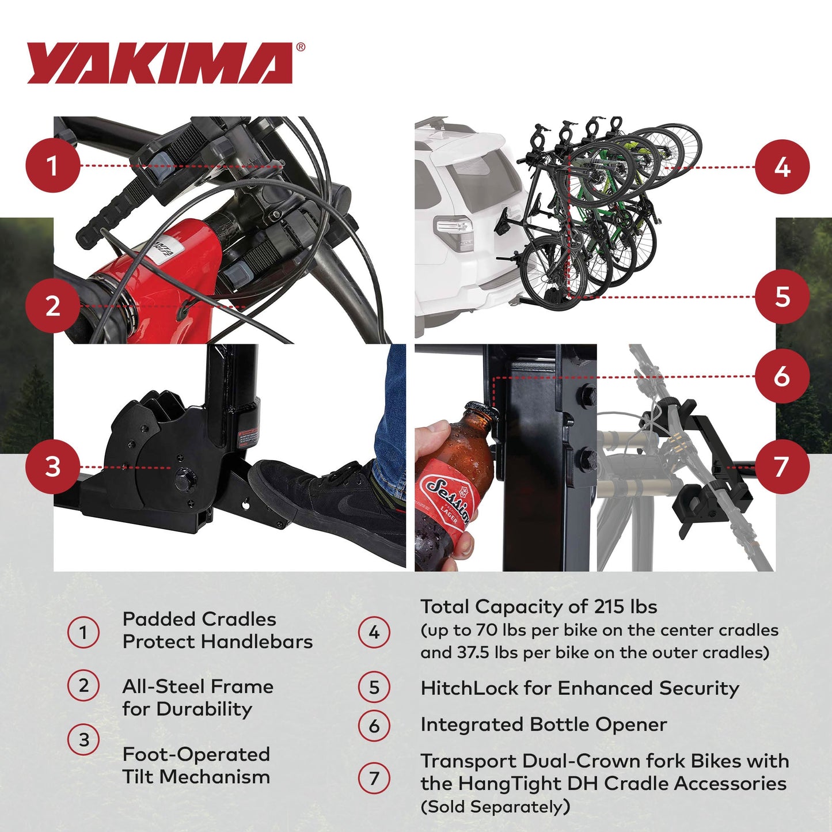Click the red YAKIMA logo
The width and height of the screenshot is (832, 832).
(x=160, y=63)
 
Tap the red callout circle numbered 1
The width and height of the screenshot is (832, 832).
(x=52, y=166)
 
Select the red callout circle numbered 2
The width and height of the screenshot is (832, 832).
(x=52, y=306)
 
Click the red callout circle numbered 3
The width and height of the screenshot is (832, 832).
(x=52, y=466)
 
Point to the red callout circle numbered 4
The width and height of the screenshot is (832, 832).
(x=782, y=167)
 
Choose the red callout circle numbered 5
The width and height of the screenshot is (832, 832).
(x=782, y=297)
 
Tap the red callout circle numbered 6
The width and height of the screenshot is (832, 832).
(x=782, y=376)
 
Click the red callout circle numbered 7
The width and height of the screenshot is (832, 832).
(x=782, y=466)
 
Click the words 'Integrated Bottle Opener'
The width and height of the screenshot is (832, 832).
(x=544, y=724)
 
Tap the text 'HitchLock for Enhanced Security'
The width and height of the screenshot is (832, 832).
(x=579, y=688)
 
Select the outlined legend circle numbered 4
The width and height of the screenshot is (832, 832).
(x=374, y=632)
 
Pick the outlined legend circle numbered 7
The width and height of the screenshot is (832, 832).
(x=374, y=778)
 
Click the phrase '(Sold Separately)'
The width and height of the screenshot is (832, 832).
(x=495, y=807)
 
